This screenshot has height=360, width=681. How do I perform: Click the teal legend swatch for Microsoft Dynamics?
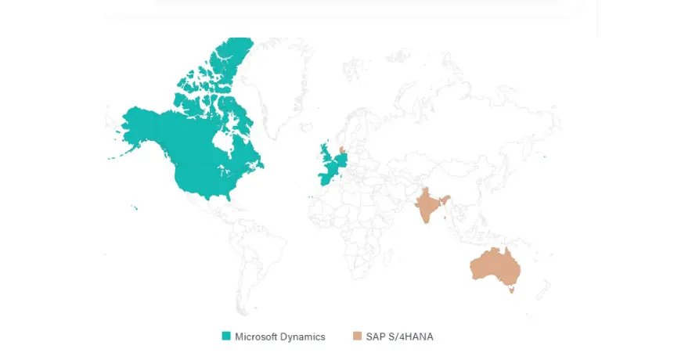click(226, 337)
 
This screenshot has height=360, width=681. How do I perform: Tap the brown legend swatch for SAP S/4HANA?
click(357, 337)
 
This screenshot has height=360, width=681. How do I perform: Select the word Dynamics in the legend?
click(301, 337)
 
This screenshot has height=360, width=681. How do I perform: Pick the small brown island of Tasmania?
click(510, 290)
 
